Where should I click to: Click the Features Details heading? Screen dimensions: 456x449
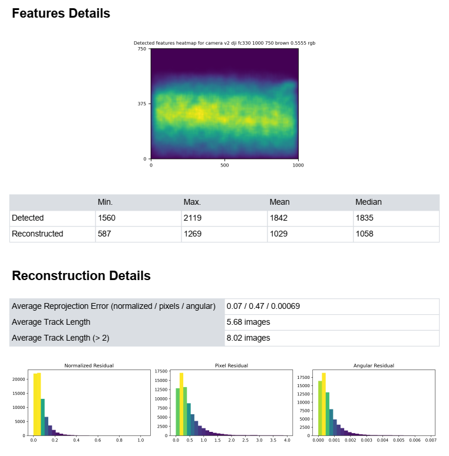(61, 14)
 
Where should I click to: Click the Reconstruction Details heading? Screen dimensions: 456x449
(81, 276)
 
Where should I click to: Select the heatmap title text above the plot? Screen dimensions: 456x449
(224, 43)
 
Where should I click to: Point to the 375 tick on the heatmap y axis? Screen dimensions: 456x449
(141, 104)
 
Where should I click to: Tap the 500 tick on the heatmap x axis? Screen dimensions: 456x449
(224, 165)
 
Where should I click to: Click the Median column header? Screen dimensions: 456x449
(368, 202)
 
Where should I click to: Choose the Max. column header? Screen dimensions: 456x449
(192, 202)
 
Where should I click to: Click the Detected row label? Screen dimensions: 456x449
(28, 218)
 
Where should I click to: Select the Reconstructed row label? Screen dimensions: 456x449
(37, 234)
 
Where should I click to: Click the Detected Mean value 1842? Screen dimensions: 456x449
(279, 218)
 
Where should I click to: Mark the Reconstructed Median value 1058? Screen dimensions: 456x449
(365, 234)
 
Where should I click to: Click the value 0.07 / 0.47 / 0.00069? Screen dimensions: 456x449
(263, 307)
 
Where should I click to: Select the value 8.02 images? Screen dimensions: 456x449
(248, 338)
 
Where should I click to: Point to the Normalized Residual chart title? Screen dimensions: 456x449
(89, 365)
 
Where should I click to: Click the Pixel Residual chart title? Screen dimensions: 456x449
(231, 365)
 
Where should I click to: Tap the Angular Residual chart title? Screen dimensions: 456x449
(374, 365)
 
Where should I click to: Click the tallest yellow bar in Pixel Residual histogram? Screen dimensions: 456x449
(181, 406)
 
